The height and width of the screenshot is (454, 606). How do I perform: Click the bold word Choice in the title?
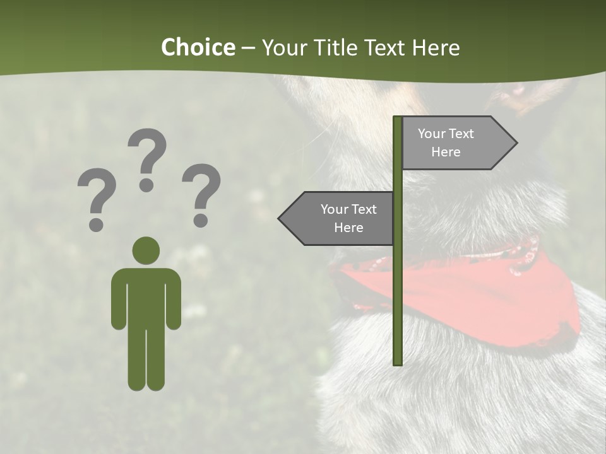tap(198, 47)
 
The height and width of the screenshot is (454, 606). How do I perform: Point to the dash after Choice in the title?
tap(248, 49)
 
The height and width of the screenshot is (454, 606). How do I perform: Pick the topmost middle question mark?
tap(147, 160)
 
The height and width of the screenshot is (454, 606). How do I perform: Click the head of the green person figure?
tap(146, 250)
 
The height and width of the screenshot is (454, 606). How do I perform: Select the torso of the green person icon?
tap(146, 296)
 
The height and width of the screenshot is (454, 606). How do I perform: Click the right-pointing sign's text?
tap(446, 143)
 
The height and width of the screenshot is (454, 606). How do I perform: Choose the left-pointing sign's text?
tap(348, 218)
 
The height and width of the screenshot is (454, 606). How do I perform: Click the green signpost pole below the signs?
tap(398, 303)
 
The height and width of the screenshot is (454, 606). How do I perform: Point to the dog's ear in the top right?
tap(530, 95)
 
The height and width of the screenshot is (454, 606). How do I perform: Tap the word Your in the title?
tap(283, 47)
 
